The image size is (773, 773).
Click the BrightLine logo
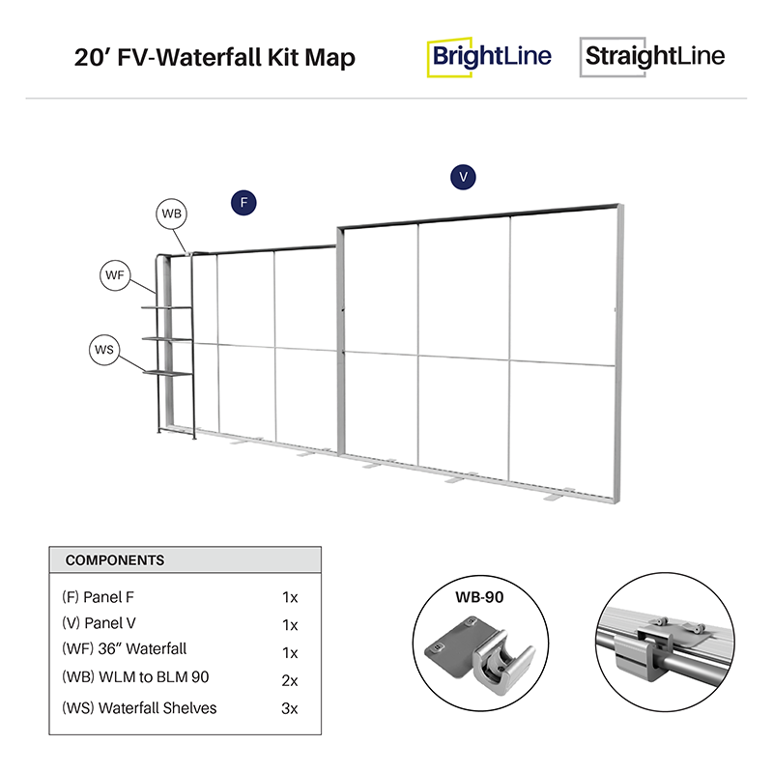pos(490,56)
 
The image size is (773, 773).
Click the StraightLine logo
pos(652,56)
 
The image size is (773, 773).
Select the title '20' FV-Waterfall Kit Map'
pos(215,58)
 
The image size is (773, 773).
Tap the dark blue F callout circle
pos(243,202)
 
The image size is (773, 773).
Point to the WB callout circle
pos(172,214)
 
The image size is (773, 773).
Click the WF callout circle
pos(115,275)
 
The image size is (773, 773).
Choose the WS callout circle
pos(103,348)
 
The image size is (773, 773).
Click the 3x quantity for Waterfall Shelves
pos(289,708)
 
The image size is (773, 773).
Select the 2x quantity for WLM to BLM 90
pos(289,680)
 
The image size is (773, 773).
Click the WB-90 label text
pos(480,596)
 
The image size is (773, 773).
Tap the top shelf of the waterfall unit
pos(166,308)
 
